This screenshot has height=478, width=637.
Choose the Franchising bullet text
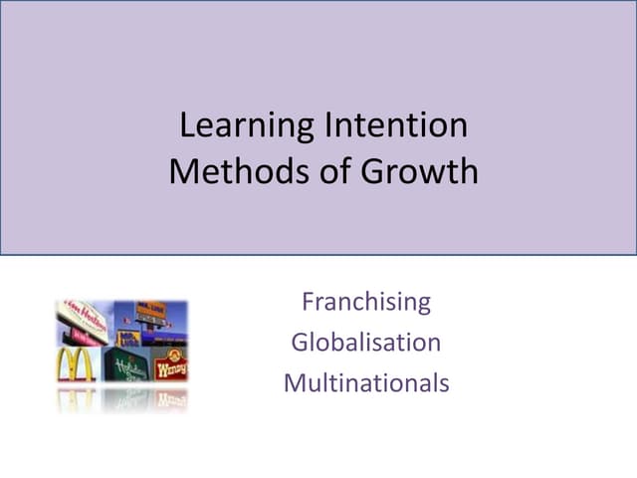(x=365, y=301)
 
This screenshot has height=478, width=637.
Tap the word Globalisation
(x=365, y=342)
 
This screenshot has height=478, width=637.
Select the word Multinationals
(x=365, y=382)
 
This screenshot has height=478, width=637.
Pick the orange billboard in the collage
(x=150, y=310)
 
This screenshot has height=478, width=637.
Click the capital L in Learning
(x=185, y=126)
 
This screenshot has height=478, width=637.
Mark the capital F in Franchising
(x=308, y=301)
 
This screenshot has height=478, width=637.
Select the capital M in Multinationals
(x=294, y=382)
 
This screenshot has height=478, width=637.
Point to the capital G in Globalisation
(x=301, y=342)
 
